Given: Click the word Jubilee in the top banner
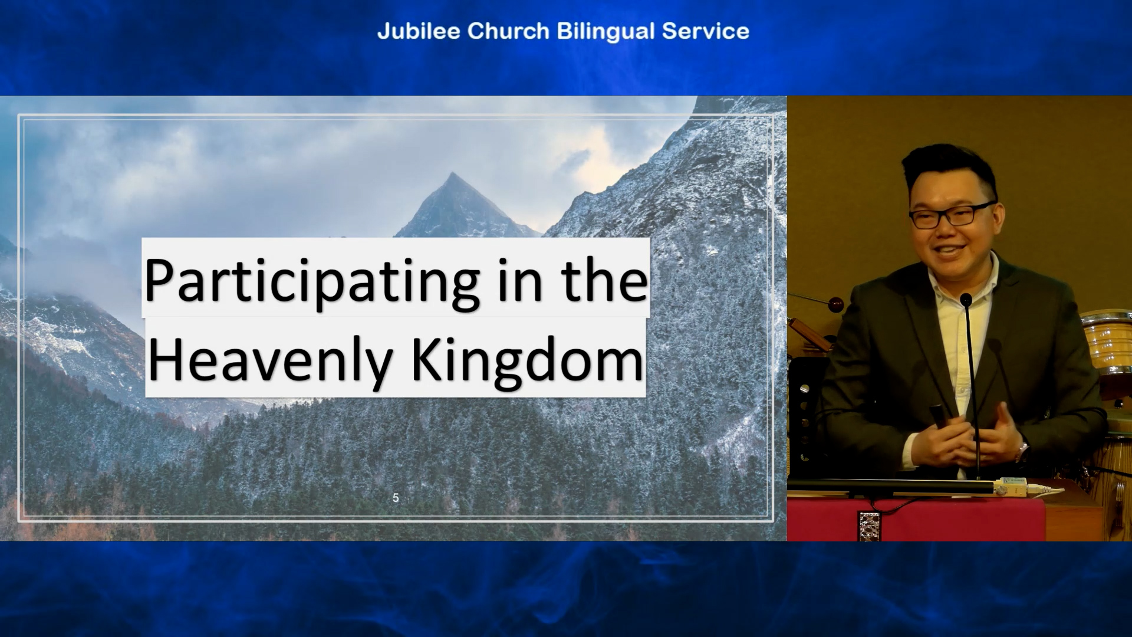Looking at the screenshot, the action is point(419,31).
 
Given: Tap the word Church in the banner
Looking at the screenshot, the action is point(508,31).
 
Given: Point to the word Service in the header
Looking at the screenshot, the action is point(705,31).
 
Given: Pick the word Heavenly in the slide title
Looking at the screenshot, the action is point(271,360).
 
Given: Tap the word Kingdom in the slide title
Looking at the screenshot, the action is point(527,360).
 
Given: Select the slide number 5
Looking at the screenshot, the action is point(396,498).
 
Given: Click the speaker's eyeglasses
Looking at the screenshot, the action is point(950,214).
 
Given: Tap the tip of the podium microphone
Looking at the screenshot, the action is point(966,299).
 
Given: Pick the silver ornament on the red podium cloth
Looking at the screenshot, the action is point(869,526).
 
